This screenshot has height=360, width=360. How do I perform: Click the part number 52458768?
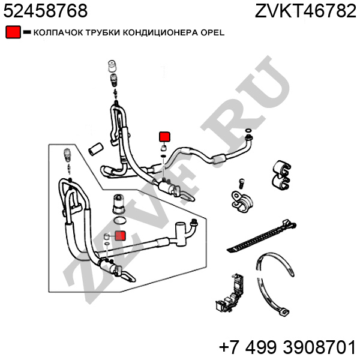coord(46,11)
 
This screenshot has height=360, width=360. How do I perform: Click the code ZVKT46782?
coord(305,11)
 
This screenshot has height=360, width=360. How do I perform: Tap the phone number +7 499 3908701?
coord(287,347)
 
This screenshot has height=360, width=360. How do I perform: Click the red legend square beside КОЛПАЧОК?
coord(13,32)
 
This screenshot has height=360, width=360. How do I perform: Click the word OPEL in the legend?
coord(212,32)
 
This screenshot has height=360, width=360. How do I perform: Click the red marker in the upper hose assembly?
coord(164,137)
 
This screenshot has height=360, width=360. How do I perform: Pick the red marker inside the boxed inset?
coord(121,236)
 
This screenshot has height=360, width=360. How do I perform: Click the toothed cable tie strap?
coord(261,236)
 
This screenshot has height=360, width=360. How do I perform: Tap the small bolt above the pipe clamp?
coord(241,184)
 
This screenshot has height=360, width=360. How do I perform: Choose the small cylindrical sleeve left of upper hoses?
coord(95,149)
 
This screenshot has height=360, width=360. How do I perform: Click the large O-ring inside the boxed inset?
coord(120,221)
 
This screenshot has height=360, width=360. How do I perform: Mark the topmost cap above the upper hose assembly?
coord(112,66)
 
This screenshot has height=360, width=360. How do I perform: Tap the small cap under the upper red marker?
coord(163,148)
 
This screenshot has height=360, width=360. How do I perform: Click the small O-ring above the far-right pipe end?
coord(248,131)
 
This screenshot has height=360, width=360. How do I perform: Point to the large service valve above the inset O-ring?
coord(119,204)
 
